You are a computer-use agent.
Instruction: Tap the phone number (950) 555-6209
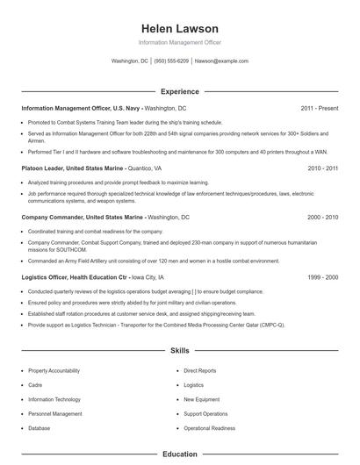point(172,61)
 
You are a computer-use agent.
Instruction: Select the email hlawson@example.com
point(221,61)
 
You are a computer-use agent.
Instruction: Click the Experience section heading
point(179,91)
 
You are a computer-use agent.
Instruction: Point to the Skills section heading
point(179,350)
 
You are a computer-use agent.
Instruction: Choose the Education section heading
point(179,454)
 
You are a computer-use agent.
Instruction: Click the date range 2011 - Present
point(319,108)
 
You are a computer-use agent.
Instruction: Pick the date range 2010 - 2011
point(323,168)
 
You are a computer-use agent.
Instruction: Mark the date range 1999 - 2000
point(323,276)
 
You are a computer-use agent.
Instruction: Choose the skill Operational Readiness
point(209,427)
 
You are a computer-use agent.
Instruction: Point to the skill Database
point(40,427)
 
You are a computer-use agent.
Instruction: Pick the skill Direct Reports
point(199,371)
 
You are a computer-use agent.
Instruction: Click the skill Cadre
point(36,385)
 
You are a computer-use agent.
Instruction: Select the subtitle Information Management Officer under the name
point(179,42)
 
